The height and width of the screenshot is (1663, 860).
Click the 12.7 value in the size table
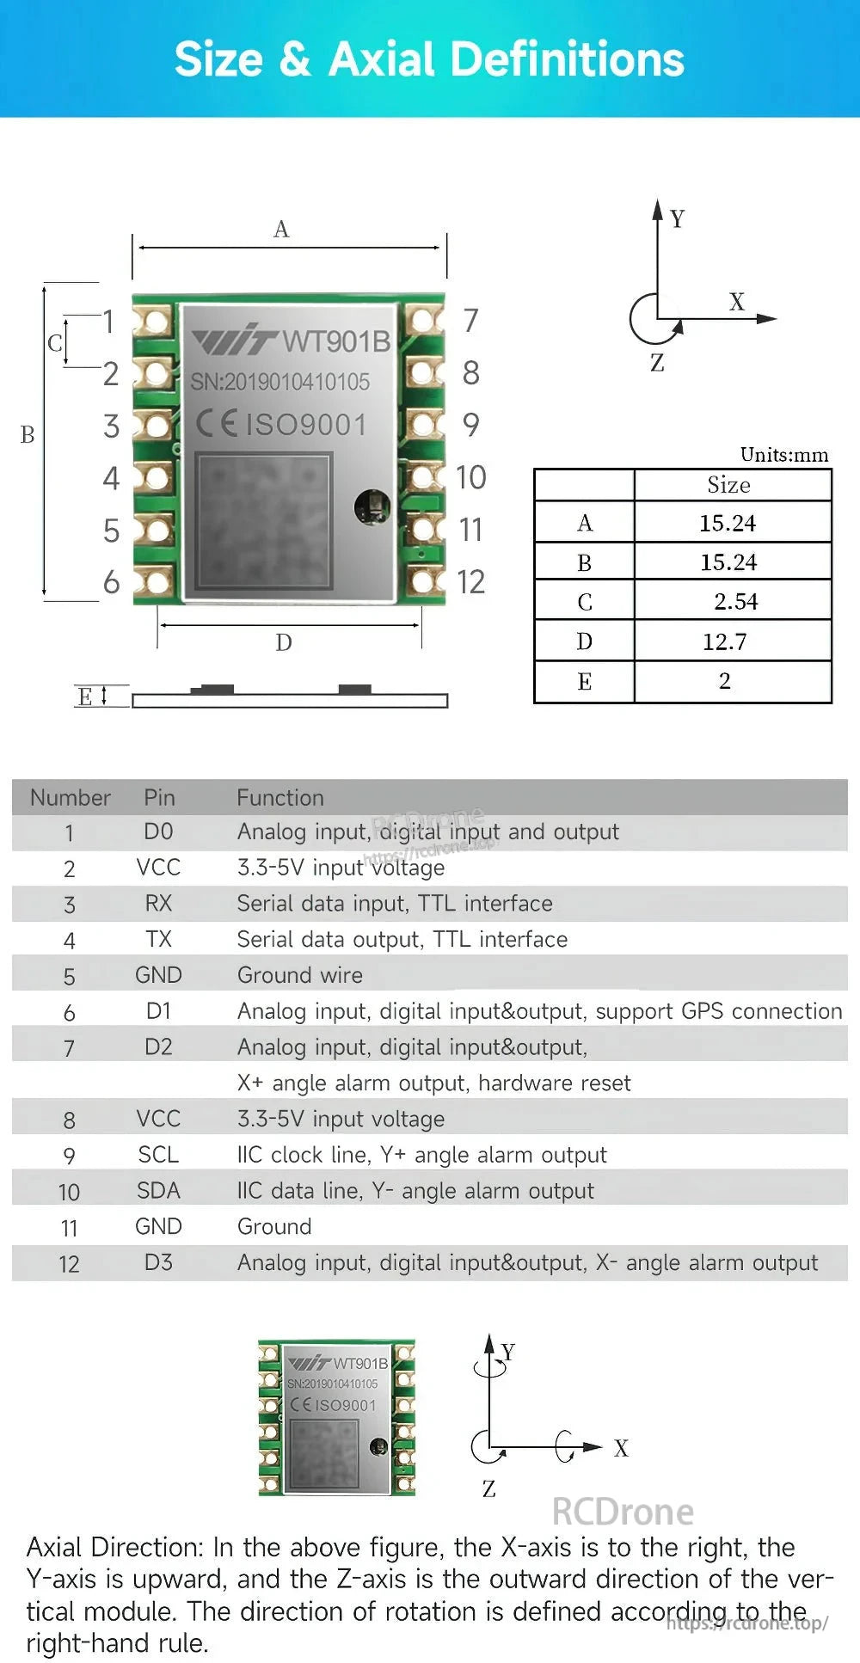[724, 641]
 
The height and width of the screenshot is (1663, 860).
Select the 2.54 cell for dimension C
[735, 602]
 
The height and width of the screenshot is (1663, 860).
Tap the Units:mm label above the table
[783, 455]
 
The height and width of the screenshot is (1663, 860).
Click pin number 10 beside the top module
[470, 477]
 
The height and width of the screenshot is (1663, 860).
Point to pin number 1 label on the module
[109, 322]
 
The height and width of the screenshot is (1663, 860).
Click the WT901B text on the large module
[336, 341]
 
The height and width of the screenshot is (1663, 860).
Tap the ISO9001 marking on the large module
[306, 425]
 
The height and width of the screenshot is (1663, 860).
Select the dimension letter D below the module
[284, 642]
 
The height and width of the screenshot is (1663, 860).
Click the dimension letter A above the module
[281, 230]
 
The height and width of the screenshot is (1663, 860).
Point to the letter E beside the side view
[84, 696]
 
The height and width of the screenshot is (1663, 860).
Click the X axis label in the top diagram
[736, 302]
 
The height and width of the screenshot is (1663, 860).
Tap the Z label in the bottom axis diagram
[488, 1488]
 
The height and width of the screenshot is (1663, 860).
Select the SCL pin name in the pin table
[158, 1155]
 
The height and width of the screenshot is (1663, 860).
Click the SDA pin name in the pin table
[158, 1191]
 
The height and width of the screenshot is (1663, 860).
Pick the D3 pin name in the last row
[158, 1262]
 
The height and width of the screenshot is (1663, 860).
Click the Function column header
[280, 798]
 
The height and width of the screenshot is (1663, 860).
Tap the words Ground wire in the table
[299, 975]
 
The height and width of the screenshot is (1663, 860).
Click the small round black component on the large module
[372, 506]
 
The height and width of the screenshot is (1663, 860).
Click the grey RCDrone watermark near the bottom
[623, 1513]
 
